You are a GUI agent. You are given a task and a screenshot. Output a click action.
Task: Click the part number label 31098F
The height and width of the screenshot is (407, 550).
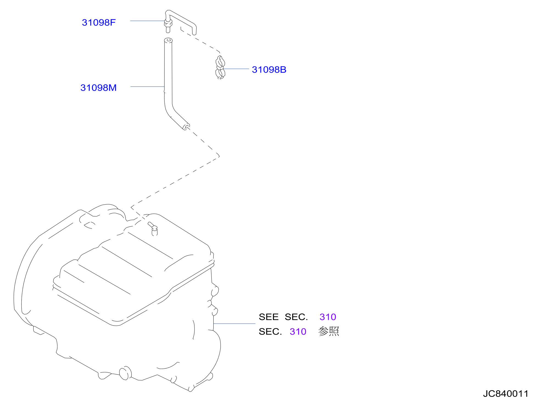pos(99,22)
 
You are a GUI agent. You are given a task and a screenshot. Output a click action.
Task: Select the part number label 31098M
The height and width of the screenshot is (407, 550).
pos(99,88)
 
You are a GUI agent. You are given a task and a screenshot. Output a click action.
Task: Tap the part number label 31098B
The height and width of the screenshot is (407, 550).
pos(269,70)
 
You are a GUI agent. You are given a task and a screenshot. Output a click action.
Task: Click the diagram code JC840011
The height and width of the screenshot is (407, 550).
pos(506,394)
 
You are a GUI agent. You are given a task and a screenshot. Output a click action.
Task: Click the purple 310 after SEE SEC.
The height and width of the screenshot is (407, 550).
pos(328,317)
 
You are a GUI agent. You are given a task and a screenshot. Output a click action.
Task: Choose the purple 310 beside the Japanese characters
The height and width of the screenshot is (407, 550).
pos(298,332)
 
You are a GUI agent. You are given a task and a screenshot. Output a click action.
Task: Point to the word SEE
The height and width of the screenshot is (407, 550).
pos(269,317)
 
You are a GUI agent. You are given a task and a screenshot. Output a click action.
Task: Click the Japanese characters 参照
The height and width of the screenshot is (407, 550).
pos(329,331)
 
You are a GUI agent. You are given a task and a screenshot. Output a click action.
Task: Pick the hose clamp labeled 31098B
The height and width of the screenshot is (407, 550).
pos(220,67)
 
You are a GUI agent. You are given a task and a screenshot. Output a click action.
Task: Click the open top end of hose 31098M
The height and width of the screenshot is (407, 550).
pos(168,41)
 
